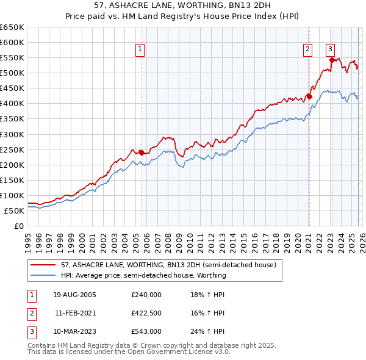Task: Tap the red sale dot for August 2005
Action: tap(142, 153)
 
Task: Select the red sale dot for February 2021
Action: tap(309, 96)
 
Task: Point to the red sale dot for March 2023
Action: tap(332, 60)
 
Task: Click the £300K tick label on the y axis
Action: tap(12, 134)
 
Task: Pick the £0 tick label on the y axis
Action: tap(18, 226)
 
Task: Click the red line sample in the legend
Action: tap(43, 265)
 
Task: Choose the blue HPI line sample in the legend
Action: tap(43, 275)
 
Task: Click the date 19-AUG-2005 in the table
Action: tap(74, 295)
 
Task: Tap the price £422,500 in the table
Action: tap(146, 313)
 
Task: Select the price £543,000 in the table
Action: tap(146, 331)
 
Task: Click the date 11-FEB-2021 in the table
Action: tap(74, 313)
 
